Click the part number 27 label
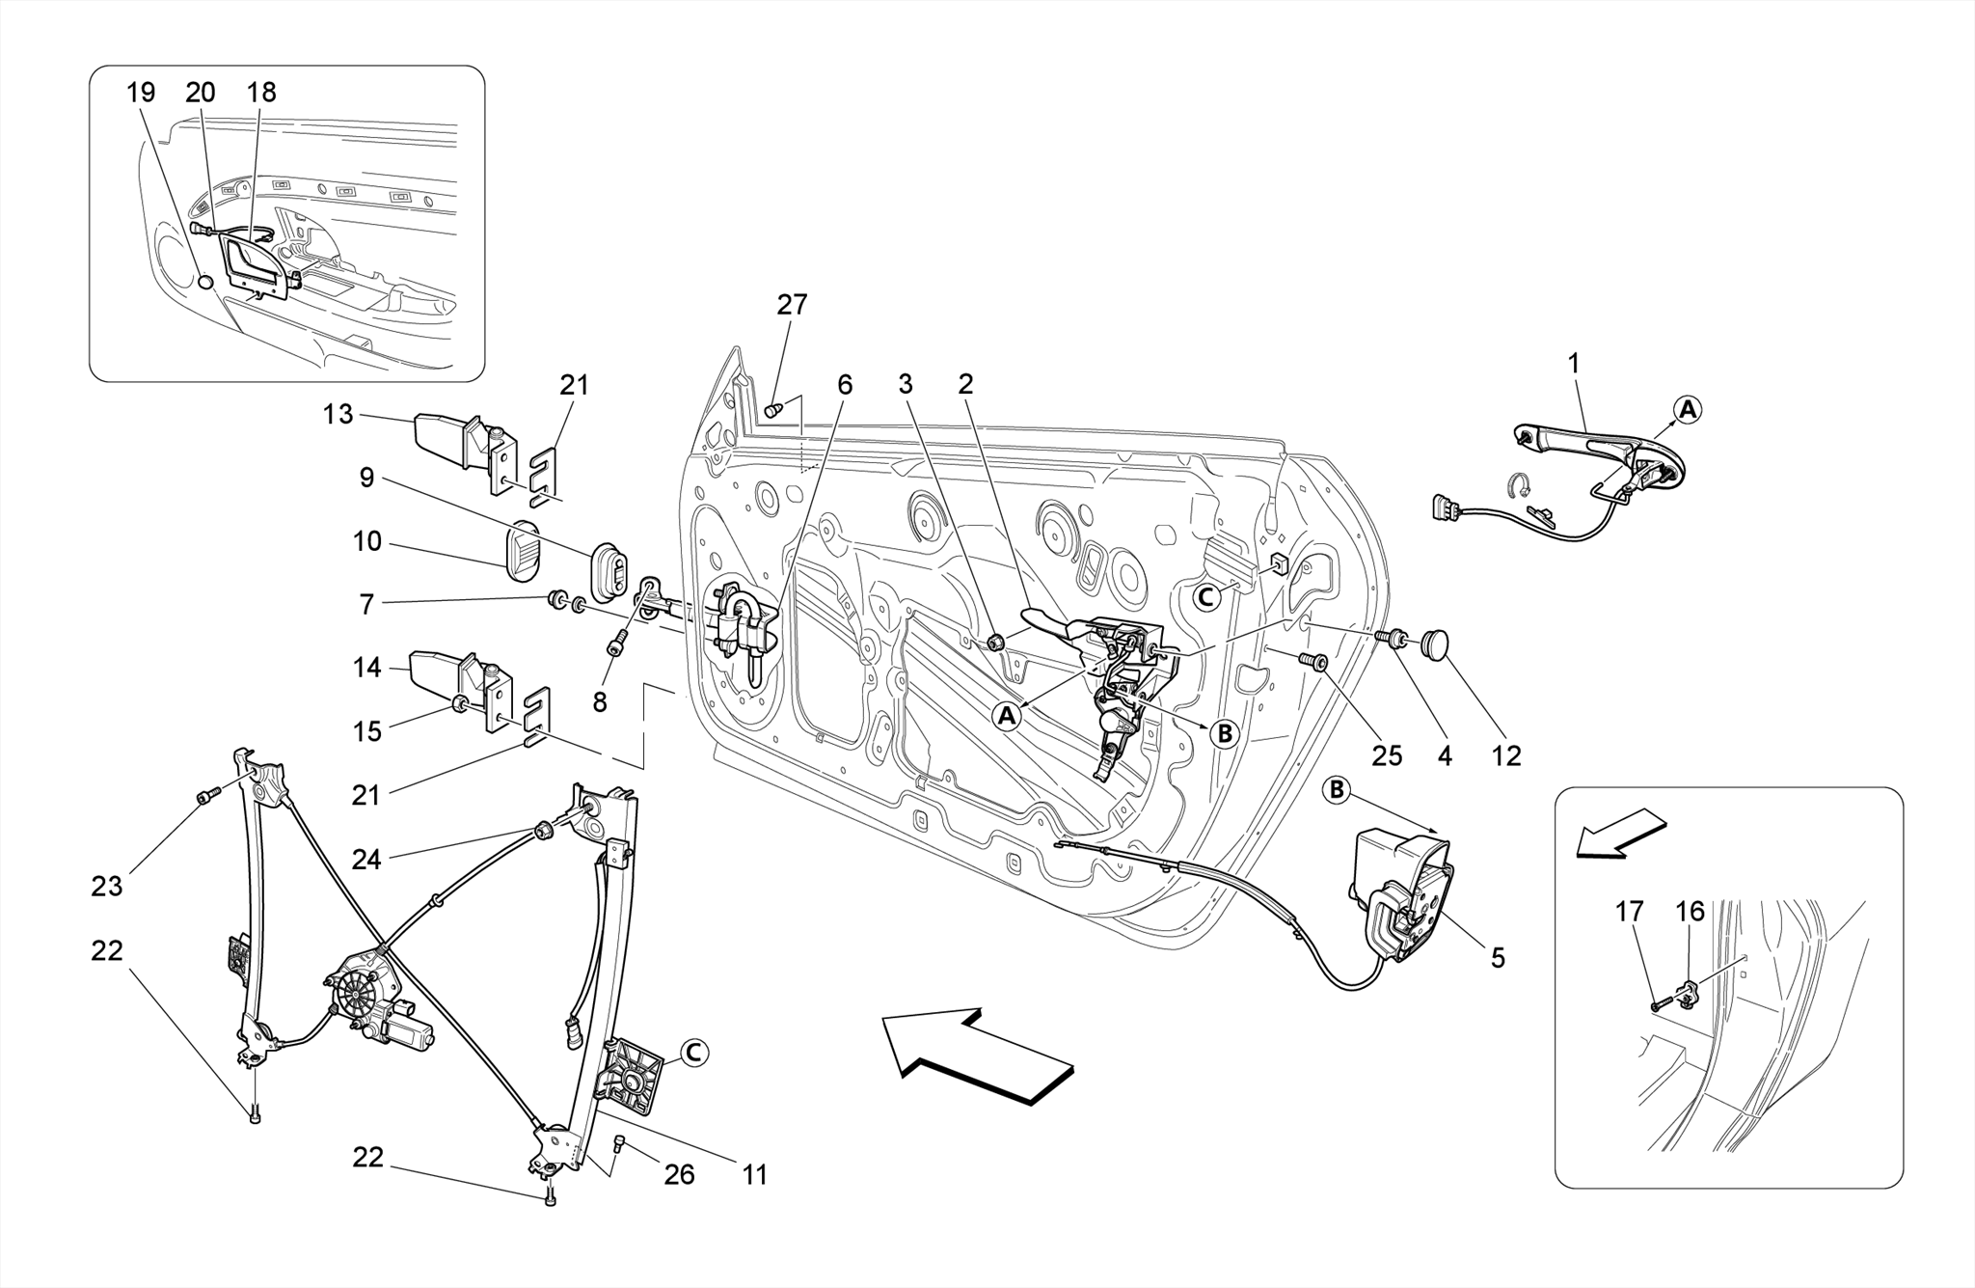click(792, 305)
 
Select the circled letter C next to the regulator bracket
click(693, 1054)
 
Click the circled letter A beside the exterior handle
click(1686, 410)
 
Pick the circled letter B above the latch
click(1337, 791)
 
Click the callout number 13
click(338, 415)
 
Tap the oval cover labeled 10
click(524, 552)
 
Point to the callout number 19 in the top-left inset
click(141, 93)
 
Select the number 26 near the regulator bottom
click(679, 1174)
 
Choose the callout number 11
click(754, 1175)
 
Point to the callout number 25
click(1387, 755)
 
